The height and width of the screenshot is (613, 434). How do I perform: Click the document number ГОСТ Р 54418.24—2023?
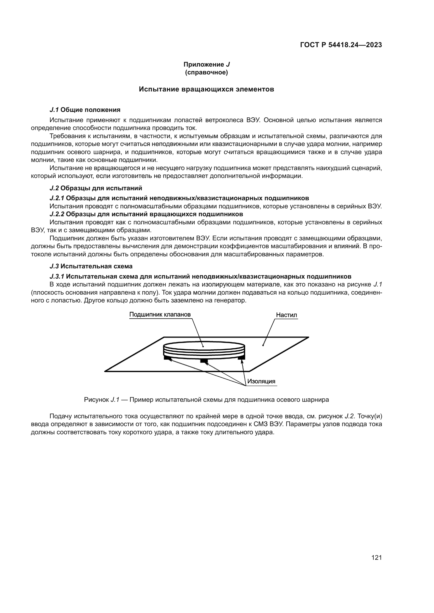point(341,45)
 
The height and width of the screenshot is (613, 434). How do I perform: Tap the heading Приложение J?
point(207,64)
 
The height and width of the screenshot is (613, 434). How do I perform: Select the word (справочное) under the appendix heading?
point(207,72)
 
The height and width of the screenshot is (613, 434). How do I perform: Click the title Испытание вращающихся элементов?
point(206,89)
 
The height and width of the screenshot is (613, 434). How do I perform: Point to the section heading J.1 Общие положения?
point(85,110)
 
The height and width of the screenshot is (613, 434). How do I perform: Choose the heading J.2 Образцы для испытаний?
point(96,188)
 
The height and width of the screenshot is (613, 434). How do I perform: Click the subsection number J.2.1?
point(57,198)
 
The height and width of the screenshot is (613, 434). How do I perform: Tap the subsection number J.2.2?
point(57,214)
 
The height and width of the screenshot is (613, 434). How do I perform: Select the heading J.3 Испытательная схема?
point(91,266)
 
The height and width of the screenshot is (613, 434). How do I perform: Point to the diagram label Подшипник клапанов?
point(160,314)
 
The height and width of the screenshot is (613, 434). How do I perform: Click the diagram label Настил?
point(287,315)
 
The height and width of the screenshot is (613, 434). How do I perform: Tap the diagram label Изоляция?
point(261,381)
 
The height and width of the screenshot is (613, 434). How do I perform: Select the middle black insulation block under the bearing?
point(204,361)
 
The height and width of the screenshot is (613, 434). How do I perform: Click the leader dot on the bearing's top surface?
point(203,347)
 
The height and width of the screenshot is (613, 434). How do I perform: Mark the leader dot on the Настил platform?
point(263,345)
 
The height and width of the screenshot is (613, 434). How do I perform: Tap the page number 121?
point(376,557)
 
